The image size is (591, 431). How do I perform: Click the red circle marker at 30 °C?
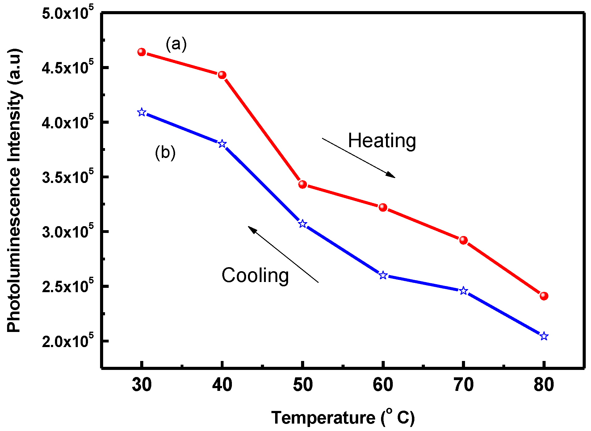coord(141,52)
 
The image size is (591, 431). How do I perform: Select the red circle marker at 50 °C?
coord(303,184)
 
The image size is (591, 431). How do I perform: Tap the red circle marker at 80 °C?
coord(544,296)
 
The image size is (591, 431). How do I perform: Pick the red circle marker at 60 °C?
coord(383,207)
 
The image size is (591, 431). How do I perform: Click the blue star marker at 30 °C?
coord(141,112)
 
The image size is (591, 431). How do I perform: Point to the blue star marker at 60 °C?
coord(383,275)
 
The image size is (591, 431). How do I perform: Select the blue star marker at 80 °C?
coord(544,336)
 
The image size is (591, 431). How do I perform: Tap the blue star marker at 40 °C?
coord(222,144)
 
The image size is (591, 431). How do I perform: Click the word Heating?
coord(382,141)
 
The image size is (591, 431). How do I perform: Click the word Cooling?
coord(255,276)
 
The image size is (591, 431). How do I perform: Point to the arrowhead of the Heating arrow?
coord(392,176)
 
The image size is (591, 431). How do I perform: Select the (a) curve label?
coord(176,44)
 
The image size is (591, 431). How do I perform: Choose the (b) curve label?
coord(165,152)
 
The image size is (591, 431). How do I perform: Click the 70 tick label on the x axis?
coord(463,385)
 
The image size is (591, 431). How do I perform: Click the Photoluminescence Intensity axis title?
coord(14,190)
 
